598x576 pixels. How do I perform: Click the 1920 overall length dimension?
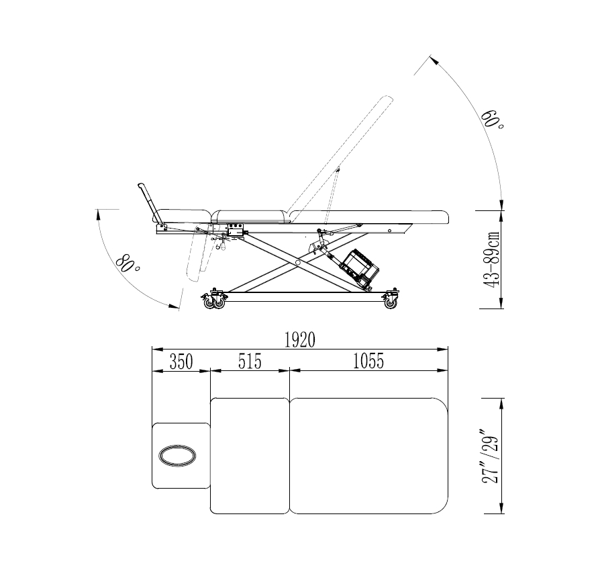(300, 339)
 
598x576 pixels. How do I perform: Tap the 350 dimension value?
(181, 362)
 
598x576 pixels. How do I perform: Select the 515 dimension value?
(250, 362)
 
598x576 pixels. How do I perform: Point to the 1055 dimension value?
(368, 362)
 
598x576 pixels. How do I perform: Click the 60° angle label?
(492, 120)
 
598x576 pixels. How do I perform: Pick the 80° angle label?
(128, 263)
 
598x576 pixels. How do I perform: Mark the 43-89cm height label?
(491, 259)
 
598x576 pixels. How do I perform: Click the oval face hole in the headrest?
(178, 455)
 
